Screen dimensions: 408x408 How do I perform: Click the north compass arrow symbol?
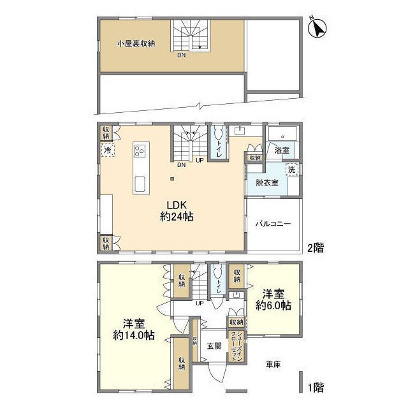coord(317,28)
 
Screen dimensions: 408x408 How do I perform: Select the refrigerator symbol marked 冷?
coord(107,150)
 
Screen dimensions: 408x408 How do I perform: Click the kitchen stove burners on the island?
coord(140,152)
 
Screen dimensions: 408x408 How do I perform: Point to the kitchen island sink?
coord(140,185)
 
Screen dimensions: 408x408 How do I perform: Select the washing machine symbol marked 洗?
coord(291,170)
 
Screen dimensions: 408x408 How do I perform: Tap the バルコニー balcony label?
coord(273,224)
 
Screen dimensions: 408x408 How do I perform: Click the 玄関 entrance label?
coord(214,346)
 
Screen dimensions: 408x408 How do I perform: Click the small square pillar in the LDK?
coord(170,179)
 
